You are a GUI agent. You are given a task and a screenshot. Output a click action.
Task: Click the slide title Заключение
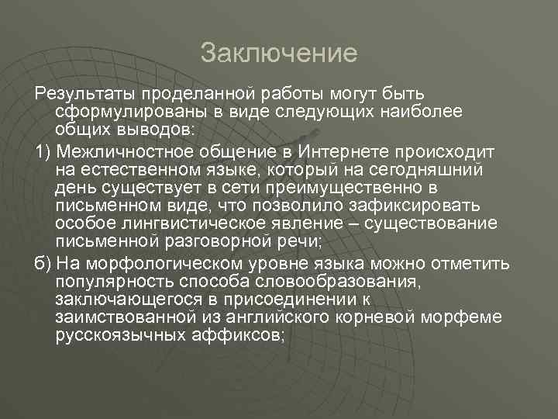(279, 53)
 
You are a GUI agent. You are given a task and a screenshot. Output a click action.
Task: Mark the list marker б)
(43, 261)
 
